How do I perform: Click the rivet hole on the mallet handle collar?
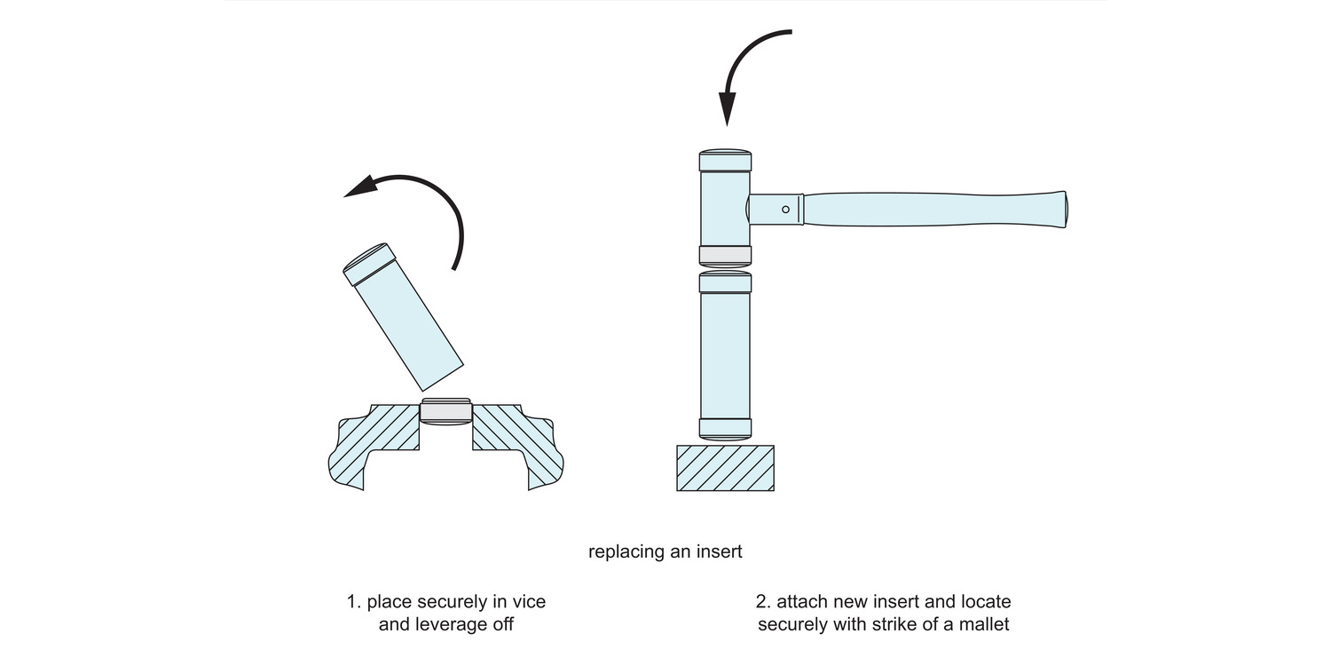(785, 210)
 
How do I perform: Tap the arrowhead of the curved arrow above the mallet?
(728, 108)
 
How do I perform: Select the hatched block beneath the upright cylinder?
(725, 468)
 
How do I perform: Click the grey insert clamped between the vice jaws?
(445, 411)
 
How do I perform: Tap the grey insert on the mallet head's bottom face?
(725, 256)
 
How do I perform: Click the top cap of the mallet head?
(725, 161)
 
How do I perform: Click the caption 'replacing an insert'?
(665, 551)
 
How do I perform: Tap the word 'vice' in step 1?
(529, 602)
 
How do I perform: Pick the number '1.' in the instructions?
(354, 602)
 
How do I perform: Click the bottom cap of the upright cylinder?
(725, 428)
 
